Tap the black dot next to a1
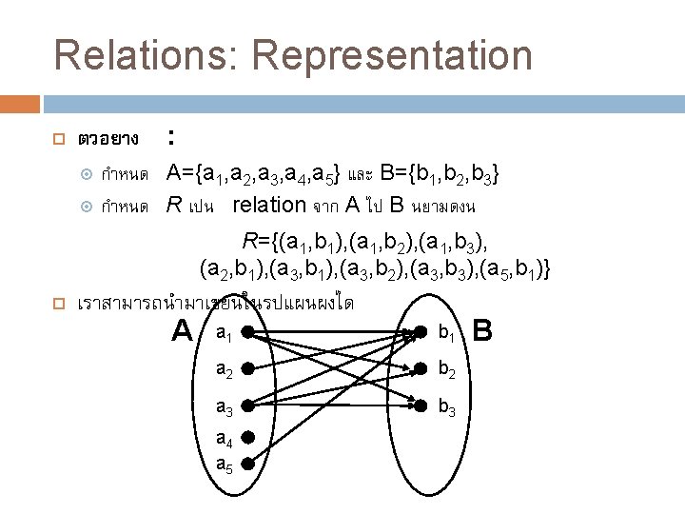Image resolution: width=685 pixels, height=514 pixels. tap(246, 333)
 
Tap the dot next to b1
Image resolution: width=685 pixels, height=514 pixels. tap(420, 333)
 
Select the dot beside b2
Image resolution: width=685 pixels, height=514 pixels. tap(420, 368)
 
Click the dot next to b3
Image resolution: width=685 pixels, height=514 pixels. tap(420, 405)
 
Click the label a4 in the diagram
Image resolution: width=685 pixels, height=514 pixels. tap(224, 440)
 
